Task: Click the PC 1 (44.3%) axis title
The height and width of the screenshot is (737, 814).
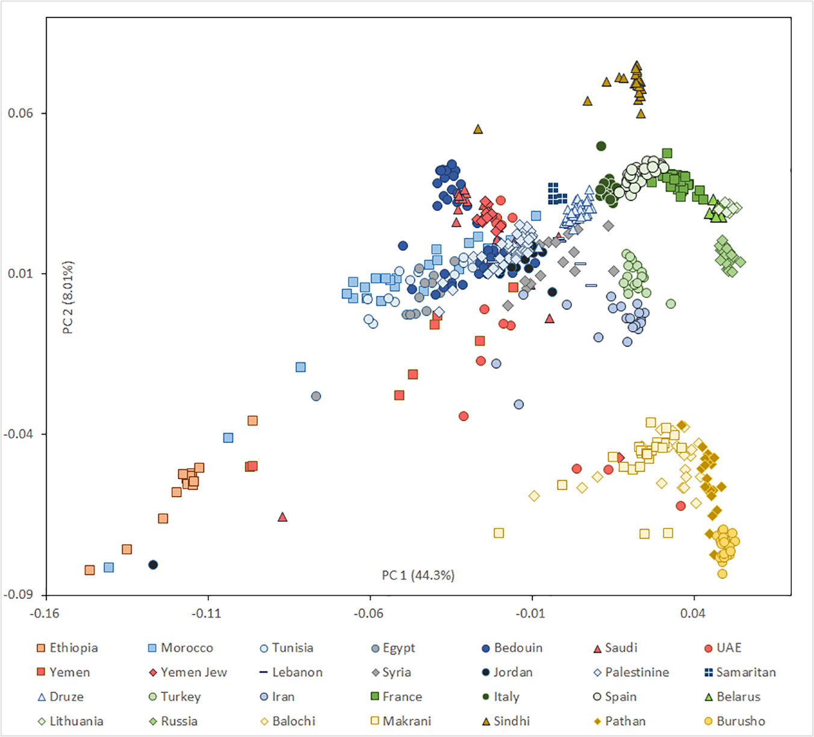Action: [x=418, y=575]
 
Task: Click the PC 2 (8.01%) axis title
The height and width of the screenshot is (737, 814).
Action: [x=68, y=298]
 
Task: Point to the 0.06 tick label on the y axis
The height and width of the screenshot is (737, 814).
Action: [x=20, y=113]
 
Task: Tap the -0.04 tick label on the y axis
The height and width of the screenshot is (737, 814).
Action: [x=18, y=434]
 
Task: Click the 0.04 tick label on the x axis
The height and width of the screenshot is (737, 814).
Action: [x=694, y=613]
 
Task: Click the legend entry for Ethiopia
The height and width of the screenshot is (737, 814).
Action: [x=67, y=648]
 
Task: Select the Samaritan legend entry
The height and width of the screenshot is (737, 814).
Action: [x=740, y=672]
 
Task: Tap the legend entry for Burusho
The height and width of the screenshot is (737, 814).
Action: [x=735, y=721]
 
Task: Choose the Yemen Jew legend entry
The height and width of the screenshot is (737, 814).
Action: [x=188, y=672]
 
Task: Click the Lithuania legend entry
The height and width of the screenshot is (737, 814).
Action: [x=70, y=721]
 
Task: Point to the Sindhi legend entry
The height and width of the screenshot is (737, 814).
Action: [x=506, y=721]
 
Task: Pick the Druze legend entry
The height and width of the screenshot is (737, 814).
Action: [x=60, y=697]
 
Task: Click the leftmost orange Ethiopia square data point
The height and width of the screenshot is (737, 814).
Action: [x=90, y=570]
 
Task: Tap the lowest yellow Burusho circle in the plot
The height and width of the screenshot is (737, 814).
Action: [x=722, y=574]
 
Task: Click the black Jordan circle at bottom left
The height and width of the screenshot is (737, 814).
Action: [x=153, y=565]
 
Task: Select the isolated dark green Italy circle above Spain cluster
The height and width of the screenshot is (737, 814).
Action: [x=601, y=146]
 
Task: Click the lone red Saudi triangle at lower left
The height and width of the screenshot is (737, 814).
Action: [x=282, y=517]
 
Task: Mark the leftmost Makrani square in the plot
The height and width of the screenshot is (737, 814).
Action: [x=499, y=533]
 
